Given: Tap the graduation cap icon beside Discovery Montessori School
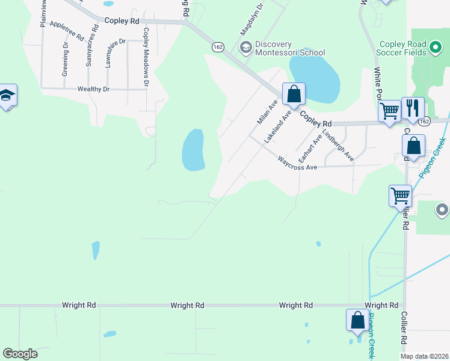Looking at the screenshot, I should click(x=245, y=47).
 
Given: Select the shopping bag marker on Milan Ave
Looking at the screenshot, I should click(x=294, y=94).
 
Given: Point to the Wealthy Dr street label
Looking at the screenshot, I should click(x=93, y=89).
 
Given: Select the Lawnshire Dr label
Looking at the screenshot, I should click(x=116, y=54).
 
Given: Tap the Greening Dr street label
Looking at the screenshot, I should click(x=65, y=59).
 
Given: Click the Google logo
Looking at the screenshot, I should click(x=20, y=354).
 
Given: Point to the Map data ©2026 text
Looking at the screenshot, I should click(x=424, y=356).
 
